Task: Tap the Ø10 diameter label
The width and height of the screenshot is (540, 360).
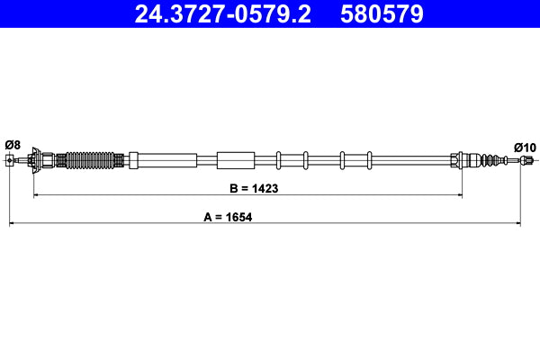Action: (525, 147)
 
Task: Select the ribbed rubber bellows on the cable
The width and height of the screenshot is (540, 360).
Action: (94, 160)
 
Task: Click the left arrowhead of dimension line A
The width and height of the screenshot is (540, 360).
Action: (13, 221)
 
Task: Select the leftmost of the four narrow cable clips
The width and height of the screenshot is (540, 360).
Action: (280, 160)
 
